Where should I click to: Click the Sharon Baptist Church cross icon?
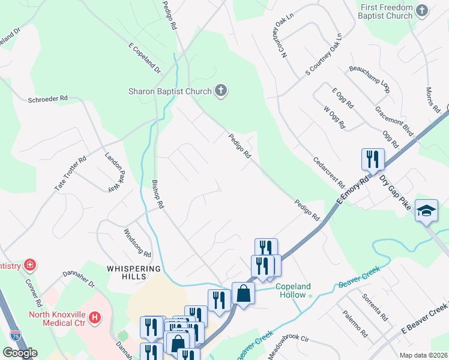221,91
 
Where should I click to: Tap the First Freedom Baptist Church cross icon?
422,11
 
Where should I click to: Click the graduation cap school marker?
426,210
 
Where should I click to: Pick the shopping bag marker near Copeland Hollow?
243,293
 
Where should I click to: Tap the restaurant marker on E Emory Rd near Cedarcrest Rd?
373,160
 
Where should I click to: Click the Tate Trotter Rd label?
71,175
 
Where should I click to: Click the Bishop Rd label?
157,194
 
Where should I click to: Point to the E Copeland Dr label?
145,58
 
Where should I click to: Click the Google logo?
20,353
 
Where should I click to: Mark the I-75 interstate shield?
15,336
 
